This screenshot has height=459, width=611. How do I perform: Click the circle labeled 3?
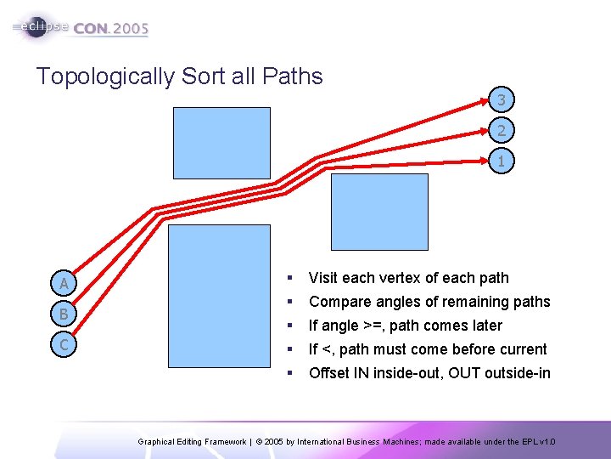502,100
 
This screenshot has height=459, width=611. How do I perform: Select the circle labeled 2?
502,131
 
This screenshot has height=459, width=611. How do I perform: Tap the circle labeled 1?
502,161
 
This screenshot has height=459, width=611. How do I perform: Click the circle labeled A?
64,283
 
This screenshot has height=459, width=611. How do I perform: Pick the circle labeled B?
64,314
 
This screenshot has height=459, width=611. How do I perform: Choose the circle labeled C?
64,344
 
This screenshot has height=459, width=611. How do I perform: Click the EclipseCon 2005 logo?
81,27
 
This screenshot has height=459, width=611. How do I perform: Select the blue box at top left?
221,143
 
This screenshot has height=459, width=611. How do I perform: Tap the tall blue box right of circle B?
219,296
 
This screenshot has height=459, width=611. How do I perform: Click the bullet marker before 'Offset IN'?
290,373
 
